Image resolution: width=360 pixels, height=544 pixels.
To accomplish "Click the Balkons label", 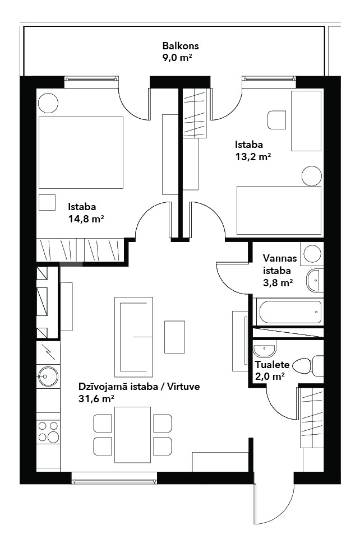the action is click(181, 46).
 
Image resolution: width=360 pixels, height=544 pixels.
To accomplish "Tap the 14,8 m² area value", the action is click(86, 219).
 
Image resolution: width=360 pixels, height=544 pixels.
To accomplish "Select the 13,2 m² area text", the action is click(253, 157).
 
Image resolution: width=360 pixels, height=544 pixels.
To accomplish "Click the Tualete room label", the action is click(272, 365).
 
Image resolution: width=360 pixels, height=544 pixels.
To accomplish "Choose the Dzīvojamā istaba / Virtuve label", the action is click(139, 387).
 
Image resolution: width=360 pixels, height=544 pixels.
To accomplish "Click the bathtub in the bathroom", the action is click(290, 311).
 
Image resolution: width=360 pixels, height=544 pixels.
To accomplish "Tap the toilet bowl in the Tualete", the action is click(308, 366).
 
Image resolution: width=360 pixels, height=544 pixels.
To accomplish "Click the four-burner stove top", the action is click(48, 431).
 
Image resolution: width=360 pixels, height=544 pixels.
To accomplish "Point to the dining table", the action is click(132, 435).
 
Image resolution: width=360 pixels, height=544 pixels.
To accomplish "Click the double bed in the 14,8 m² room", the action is click(81, 152).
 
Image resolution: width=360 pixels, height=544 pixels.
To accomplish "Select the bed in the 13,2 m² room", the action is click(279, 210).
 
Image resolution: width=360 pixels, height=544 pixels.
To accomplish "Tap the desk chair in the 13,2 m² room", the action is click(276, 120).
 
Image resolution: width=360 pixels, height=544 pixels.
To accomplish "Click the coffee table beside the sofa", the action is click(174, 337).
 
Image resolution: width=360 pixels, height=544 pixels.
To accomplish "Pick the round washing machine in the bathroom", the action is click(312, 254).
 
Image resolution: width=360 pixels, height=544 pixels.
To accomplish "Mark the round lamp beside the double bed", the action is click(48, 103).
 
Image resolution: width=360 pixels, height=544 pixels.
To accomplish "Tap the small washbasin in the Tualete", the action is click(264, 349).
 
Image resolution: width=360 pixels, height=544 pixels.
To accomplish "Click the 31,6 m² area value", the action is click(96, 399).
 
